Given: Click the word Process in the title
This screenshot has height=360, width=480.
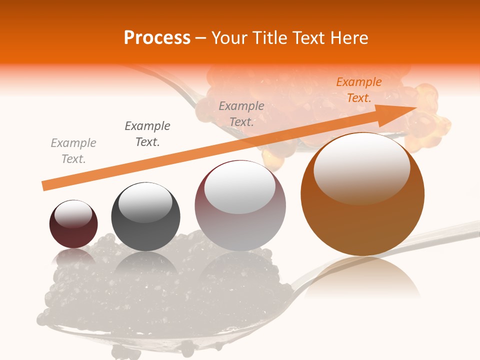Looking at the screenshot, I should [x=157, y=38].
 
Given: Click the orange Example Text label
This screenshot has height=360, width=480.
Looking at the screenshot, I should [x=358, y=90].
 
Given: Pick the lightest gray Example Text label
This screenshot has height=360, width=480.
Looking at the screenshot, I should [x=73, y=151].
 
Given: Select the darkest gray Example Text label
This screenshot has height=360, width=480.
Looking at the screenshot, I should [x=147, y=133].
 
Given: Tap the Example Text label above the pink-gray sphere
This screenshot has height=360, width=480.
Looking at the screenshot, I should [x=241, y=113].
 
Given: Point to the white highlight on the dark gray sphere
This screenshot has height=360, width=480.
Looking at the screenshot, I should [x=145, y=203].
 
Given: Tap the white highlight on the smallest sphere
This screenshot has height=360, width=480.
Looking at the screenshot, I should [x=73, y=214].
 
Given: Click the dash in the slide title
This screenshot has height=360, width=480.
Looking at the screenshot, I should [x=201, y=38].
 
